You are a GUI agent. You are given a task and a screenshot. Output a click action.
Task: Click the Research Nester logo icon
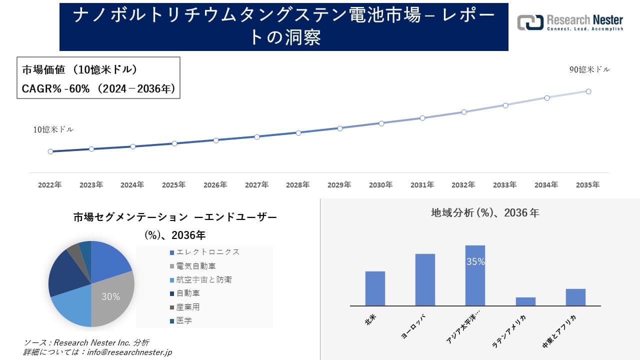(x=530, y=22)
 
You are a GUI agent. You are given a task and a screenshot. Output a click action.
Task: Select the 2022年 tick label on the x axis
(x=50, y=185)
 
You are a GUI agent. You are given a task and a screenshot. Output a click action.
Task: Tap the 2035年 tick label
(x=587, y=185)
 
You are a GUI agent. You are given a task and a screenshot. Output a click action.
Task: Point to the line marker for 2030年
(x=381, y=123)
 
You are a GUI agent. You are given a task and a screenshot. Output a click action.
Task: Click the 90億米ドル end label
(x=589, y=70)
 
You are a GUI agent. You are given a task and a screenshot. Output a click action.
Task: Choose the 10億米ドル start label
(x=53, y=129)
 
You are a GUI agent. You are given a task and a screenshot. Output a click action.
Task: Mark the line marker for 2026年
(x=215, y=140)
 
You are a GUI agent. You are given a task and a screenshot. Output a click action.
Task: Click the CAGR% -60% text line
(x=98, y=88)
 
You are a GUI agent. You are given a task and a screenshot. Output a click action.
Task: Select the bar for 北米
(x=375, y=288)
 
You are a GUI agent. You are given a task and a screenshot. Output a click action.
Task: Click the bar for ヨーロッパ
(x=425, y=279)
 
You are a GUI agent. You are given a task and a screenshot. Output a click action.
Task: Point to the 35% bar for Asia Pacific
(x=475, y=275)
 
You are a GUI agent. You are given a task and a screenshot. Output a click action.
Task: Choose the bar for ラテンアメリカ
(x=525, y=301)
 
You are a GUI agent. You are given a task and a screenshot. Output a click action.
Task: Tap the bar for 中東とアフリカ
(x=575, y=297)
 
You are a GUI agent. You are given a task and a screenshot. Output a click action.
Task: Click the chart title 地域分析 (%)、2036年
(x=485, y=213)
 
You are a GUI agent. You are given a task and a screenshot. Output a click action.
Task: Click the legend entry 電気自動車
(x=196, y=266)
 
